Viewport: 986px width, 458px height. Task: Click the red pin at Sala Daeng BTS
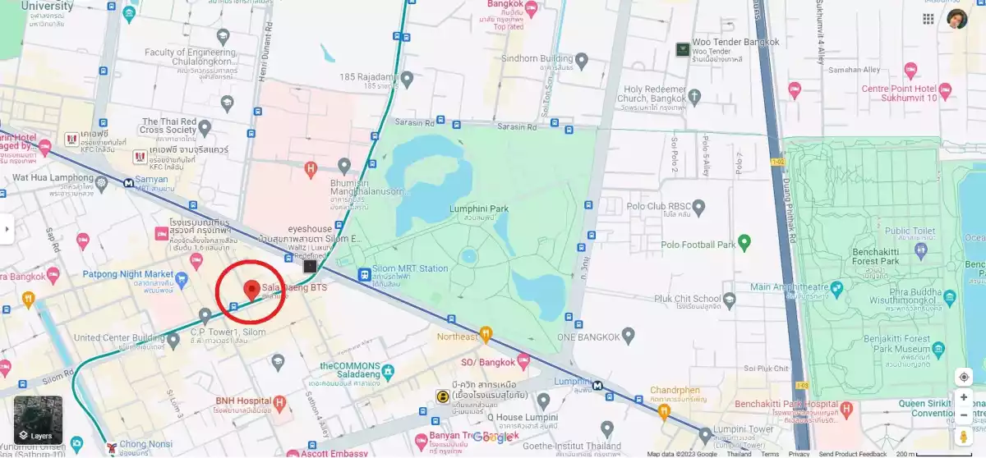(x=251, y=289)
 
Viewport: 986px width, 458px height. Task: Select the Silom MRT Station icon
(x=364, y=273)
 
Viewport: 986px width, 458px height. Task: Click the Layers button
(x=38, y=419)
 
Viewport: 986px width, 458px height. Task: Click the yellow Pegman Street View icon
(x=964, y=437)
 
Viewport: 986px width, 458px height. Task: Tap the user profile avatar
(x=957, y=19)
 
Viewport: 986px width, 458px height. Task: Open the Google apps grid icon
(x=928, y=19)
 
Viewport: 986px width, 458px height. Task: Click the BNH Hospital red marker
(x=280, y=403)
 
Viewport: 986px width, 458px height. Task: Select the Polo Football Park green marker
(x=744, y=242)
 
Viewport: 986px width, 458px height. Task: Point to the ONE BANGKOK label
(x=589, y=336)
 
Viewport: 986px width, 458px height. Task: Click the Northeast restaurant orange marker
(x=486, y=334)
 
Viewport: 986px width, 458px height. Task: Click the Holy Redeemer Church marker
(x=694, y=97)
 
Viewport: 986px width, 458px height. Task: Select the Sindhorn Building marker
(x=582, y=60)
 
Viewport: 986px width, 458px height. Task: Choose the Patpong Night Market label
(x=128, y=274)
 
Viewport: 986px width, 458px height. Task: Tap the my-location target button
(x=964, y=377)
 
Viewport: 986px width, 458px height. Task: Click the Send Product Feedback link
(x=852, y=454)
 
